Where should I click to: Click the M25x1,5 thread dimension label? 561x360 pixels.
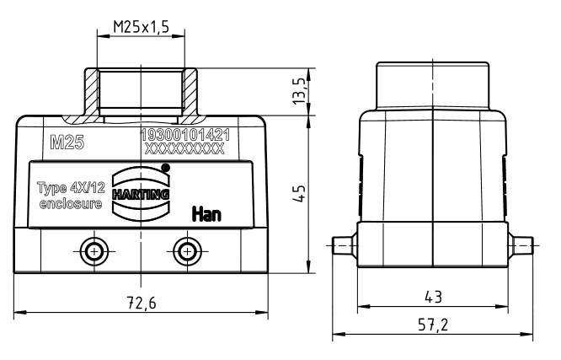click(141, 27)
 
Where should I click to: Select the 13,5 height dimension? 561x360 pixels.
click(300, 91)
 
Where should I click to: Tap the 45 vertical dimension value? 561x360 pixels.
click(300, 193)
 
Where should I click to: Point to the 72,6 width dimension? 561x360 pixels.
click(142, 303)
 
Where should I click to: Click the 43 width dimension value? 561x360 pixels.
click(433, 297)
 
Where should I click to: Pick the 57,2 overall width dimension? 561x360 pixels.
click(433, 325)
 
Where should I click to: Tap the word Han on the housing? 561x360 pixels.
click(207, 214)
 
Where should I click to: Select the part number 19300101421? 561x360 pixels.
click(185, 135)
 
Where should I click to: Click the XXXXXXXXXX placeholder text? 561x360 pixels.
click(184, 148)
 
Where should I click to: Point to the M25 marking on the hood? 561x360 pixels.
click(67, 142)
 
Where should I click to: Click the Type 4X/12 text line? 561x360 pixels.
click(72, 188)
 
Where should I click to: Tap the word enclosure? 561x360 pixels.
click(71, 204)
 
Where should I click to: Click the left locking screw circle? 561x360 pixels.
click(94, 251)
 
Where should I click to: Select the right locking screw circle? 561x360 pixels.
click(187, 251)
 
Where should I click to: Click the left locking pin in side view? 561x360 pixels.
click(345, 245)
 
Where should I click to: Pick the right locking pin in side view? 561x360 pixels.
click(521, 245)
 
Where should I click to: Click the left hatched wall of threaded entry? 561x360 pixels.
click(92, 92)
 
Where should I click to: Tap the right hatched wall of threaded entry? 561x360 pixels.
click(190, 92)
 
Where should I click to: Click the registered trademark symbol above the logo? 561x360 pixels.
click(165, 167)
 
